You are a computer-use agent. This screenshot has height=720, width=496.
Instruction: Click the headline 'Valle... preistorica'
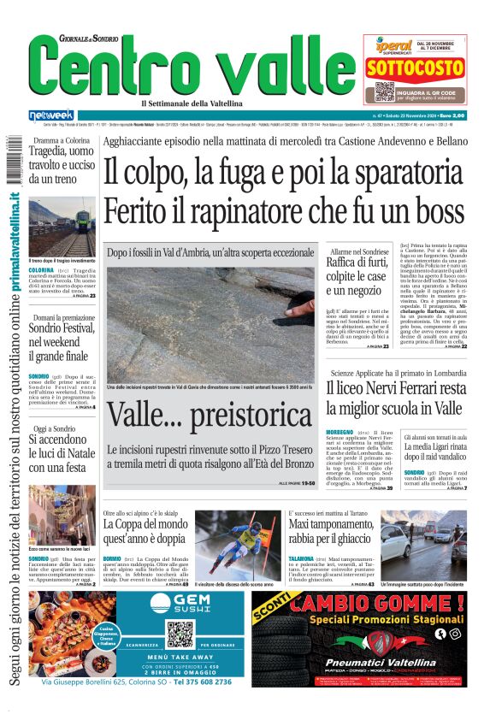click(x=210, y=416)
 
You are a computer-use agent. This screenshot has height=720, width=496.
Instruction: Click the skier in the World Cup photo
click(x=248, y=539)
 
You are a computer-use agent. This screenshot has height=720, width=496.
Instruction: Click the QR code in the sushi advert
click(x=180, y=635)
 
